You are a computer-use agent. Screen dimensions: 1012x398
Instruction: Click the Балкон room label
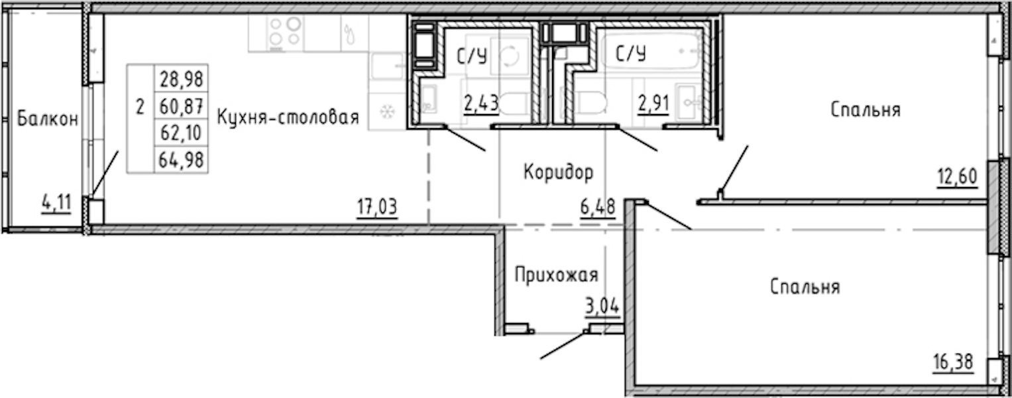pyautogui.click(x=48, y=119)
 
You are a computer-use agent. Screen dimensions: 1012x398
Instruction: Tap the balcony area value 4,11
pyautogui.click(x=57, y=203)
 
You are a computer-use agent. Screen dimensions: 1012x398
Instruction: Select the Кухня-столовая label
pyautogui.click(x=288, y=117)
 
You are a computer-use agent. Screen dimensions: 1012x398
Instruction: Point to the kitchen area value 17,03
pyautogui.click(x=377, y=207)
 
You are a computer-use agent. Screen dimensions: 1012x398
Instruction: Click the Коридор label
pyautogui.click(x=559, y=172)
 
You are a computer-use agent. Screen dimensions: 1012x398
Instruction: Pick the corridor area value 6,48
pyautogui.click(x=598, y=207)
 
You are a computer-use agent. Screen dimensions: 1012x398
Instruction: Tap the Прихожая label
pyautogui.click(x=556, y=275)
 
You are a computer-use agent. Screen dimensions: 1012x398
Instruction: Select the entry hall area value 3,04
pyautogui.click(x=602, y=306)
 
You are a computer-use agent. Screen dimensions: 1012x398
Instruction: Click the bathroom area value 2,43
pyautogui.click(x=481, y=103)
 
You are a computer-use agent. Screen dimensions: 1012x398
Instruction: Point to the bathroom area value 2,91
pyautogui.click(x=653, y=103)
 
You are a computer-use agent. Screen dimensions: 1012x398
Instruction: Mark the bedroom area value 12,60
pyautogui.click(x=958, y=176)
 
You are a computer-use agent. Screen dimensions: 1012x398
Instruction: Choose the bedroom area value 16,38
pyautogui.click(x=953, y=362)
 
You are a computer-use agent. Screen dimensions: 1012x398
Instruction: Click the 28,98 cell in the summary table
pyautogui.click(x=181, y=79)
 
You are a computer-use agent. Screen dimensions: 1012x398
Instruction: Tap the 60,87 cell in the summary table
pyautogui.click(x=181, y=106)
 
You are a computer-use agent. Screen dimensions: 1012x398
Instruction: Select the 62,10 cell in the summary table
pyautogui.click(x=181, y=133)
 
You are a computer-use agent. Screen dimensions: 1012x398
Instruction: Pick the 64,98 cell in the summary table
pyautogui.click(x=181, y=160)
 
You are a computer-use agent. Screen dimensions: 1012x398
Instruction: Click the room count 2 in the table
pyautogui.click(x=141, y=107)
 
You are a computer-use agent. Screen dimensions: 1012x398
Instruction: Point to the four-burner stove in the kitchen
pyautogui.click(x=285, y=33)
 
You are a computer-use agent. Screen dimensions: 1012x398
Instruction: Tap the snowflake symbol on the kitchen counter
pyautogui.click(x=387, y=111)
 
